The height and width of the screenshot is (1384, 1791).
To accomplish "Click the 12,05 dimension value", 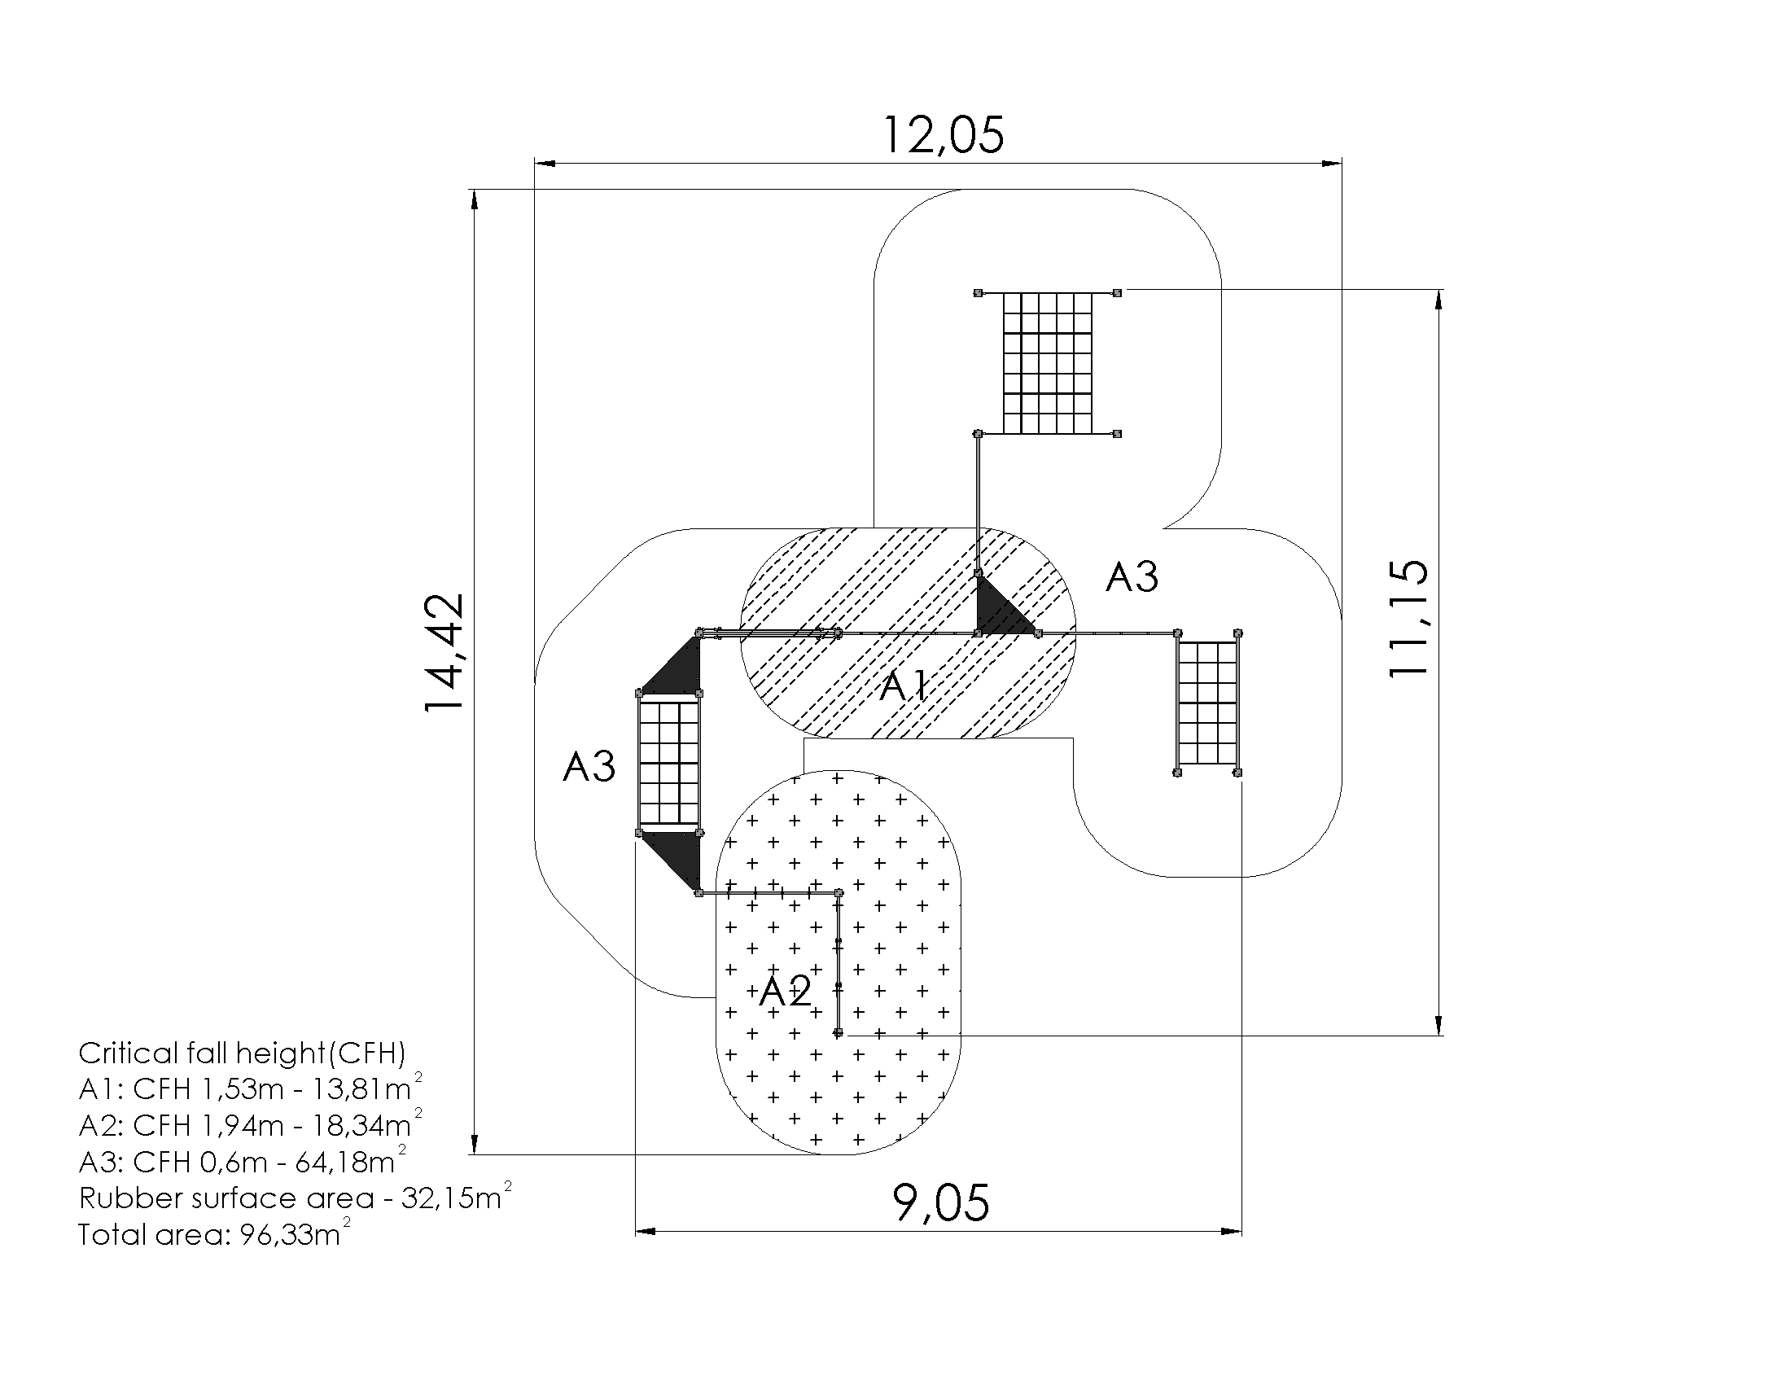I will (942, 136).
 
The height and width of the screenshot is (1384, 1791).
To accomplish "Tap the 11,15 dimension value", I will (1409, 617).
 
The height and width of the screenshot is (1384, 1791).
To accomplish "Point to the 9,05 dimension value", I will (940, 1203).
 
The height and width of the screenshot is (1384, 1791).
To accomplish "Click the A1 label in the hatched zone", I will (904, 685).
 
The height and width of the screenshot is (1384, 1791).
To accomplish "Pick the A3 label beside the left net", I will (589, 768).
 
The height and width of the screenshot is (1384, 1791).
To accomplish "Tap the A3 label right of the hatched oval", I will (1132, 577).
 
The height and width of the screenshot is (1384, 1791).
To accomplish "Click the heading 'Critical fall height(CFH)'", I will (242, 1053).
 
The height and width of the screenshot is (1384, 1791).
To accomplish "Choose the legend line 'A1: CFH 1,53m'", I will (250, 1088).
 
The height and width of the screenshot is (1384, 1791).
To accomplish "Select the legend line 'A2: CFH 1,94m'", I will (250, 1125).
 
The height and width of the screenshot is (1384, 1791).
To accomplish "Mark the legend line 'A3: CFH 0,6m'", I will (242, 1162).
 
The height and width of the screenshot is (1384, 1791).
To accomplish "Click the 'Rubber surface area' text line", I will (295, 1198).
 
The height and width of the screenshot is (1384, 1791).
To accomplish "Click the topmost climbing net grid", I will (1048, 362).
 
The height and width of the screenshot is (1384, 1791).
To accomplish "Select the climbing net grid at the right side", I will (1207, 703).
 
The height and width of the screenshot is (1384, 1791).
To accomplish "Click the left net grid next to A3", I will (669, 763).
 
